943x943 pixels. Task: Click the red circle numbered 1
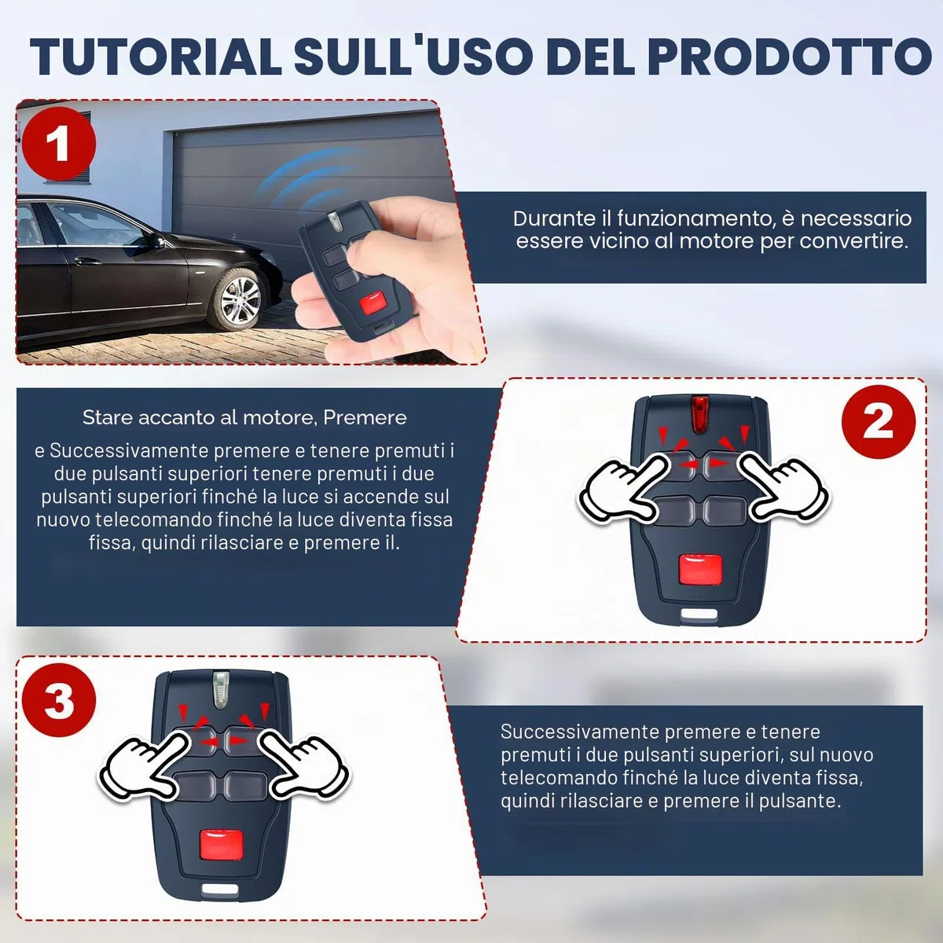pos(59,143)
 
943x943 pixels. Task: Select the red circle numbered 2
pos(879,421)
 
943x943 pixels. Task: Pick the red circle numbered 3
pos(59,700)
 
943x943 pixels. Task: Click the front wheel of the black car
pos(240,299)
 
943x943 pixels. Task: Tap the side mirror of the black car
pos(158,241)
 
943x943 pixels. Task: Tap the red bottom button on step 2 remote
pos(700,570)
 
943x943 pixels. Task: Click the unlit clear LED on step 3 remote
pos(221,689)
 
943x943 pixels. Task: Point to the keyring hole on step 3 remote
pos(220,890)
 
